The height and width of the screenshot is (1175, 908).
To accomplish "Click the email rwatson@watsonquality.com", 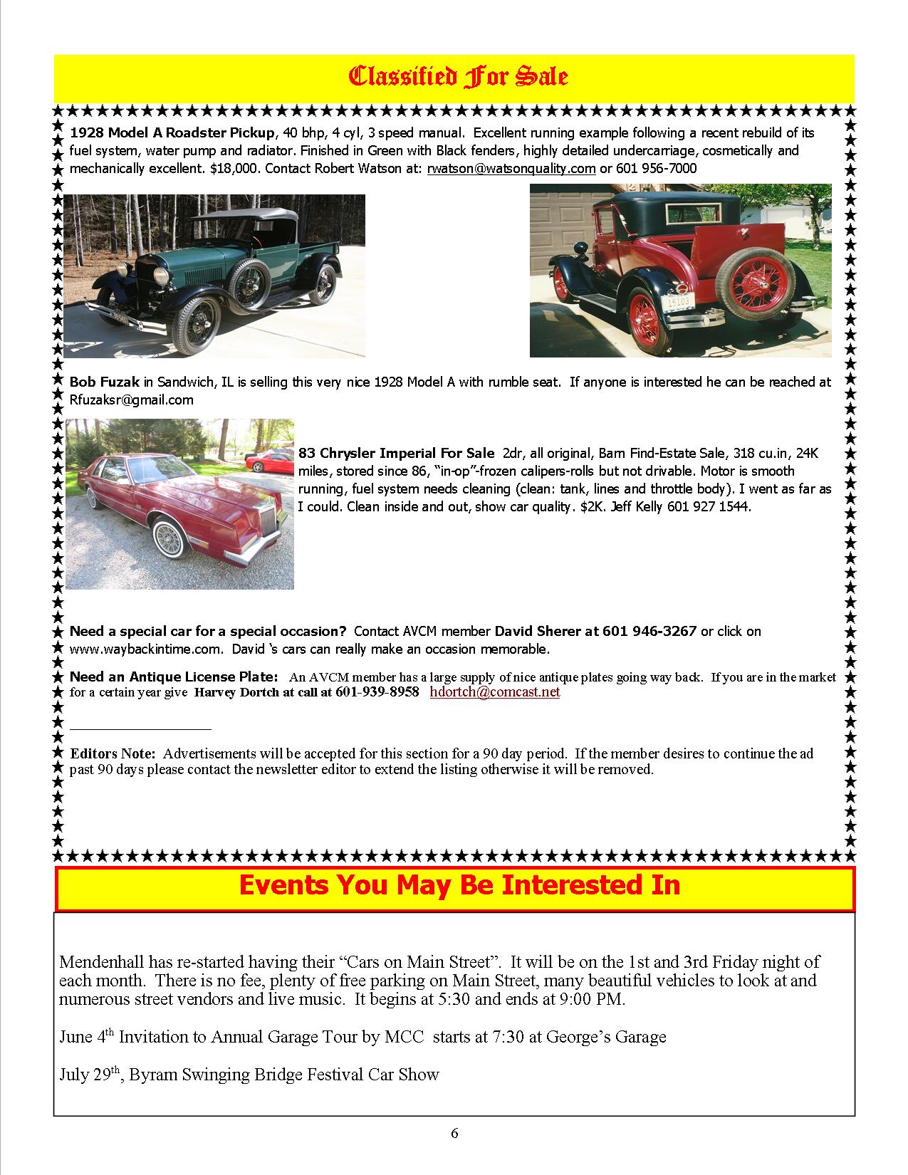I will (x=511, y=169).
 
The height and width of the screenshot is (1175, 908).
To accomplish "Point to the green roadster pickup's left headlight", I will (x=161, y=276).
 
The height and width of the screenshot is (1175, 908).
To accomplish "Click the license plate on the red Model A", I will (x=679, y=302).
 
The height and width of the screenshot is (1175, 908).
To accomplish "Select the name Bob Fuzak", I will (x=105, y=382).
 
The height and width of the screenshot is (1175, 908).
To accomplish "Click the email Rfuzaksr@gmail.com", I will (x=131, y=400).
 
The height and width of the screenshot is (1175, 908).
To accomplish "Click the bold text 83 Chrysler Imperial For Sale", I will (x=396, y=454).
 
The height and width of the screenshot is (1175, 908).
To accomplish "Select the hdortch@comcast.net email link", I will (x=495, y=692).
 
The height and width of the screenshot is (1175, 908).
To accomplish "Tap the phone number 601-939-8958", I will (x=377, y=692).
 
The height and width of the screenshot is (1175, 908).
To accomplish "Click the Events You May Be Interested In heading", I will (x=459, y=885).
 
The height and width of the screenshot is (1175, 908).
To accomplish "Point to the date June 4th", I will (x=84, y=1037).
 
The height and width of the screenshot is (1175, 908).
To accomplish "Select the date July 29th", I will (x=85, y=1075).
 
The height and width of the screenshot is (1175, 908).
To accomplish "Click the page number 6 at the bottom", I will (x=454, y=1134).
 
